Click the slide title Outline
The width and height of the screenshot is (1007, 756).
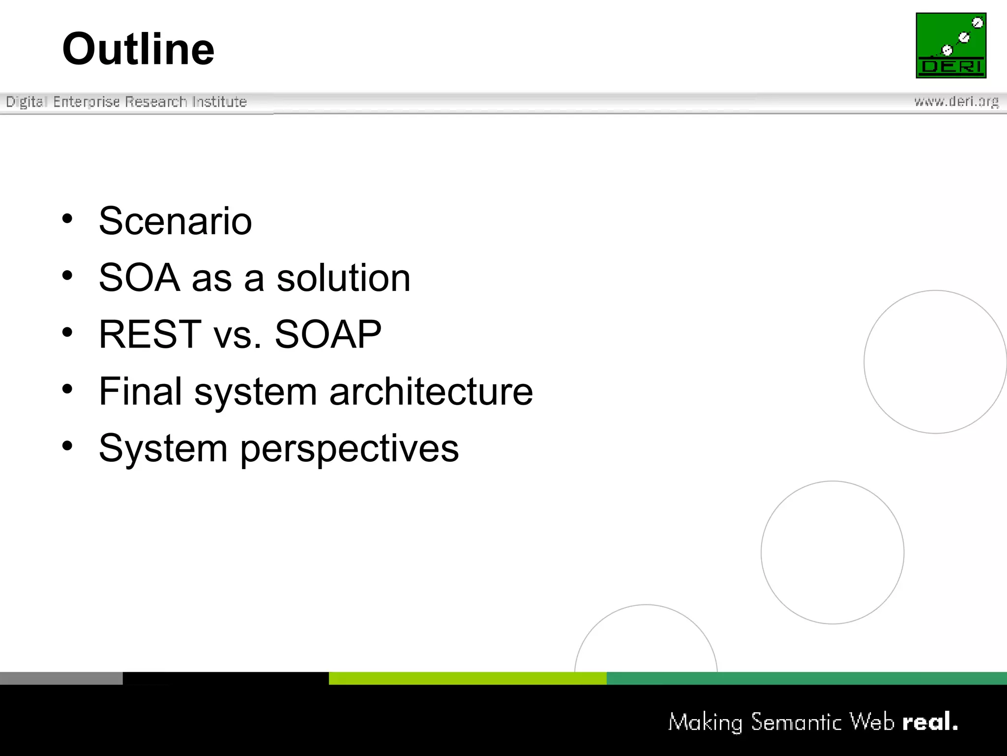pos(138,49)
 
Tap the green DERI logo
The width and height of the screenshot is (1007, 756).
pos(951,45)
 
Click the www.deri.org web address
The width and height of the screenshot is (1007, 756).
pos(956,101)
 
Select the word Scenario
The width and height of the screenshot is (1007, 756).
pos(175,221)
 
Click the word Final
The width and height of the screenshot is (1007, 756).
pos(141,391)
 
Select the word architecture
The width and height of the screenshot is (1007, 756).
pos(431,391)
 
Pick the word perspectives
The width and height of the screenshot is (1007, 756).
pos(349,448)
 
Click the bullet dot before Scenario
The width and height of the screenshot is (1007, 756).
pos(67,219)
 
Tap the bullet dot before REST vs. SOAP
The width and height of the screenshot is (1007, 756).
pos(67,332)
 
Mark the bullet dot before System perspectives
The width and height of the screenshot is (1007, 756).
pos(67,446)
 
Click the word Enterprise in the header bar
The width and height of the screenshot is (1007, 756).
pos(87,102)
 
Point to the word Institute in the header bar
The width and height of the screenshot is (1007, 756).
pos(219,102)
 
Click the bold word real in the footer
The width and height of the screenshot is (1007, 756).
pos(929,722)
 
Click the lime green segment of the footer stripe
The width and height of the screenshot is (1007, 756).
pos(467,678)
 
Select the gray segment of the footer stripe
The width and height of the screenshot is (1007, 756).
pos(61,678)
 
